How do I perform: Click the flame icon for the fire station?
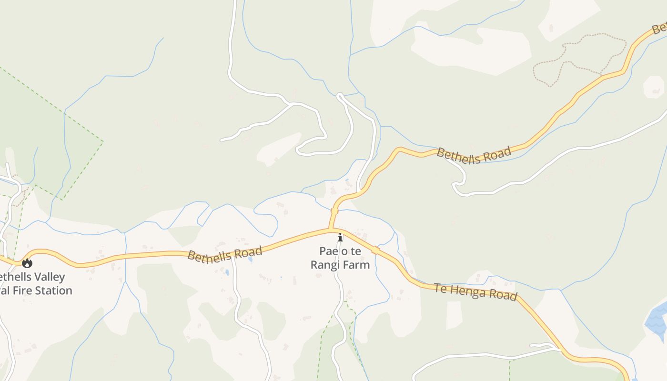(27, 263)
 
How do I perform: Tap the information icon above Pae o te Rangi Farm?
(340, 237)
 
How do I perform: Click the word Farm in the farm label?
(358, 265)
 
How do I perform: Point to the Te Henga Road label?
(475, 291)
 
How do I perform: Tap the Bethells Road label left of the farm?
(224, 253)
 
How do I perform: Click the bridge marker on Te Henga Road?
(375, 250)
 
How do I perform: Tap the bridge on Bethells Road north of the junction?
(334, 211)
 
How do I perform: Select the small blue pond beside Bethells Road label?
(250, 260)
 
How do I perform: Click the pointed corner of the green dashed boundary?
(102, 141)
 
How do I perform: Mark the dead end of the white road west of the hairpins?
(222, 140)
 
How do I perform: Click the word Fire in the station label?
(21, 291)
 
